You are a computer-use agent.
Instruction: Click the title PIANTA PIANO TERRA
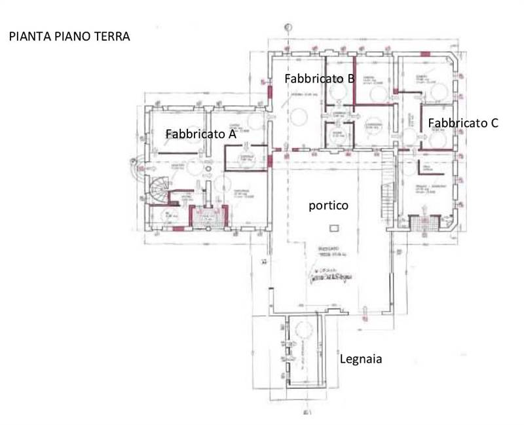(x=69, y=37)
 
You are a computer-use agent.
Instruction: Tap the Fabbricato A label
(x=200, y=134)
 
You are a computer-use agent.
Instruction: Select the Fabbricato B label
(x=320, y=79)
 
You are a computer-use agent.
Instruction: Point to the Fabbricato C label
(x=464, y=122)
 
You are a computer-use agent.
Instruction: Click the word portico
(x=328, y=206)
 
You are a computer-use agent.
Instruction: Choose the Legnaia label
(x=360, y=359)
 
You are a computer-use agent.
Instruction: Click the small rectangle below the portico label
(x=335, y=227)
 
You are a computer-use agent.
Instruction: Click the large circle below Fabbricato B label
(x=299, y=119)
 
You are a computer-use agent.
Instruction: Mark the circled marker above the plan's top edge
(x=287, y=27)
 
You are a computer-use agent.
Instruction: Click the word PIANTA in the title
(x=27, y=37)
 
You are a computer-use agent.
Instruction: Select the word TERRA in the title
(x=113, y=37)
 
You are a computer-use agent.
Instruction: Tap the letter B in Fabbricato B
(x=351, y=79)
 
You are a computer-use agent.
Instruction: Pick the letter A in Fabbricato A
(x=231, y=134)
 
